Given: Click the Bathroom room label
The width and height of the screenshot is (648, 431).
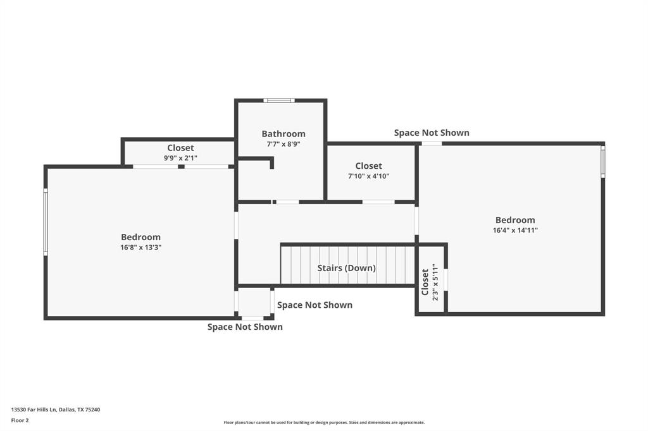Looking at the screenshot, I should click(283, 134).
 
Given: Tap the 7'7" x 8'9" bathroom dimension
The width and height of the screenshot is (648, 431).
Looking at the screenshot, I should click(283, 144).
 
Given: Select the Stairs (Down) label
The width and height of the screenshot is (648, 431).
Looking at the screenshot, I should click(346, 268).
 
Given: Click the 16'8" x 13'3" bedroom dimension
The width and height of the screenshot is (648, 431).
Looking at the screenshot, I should click(140, 248).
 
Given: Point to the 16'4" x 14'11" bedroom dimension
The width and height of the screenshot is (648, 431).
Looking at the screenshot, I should click(514, 231).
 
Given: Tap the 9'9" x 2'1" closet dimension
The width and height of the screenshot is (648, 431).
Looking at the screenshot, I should click(180, 158).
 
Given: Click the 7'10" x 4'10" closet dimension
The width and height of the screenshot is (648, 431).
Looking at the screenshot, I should click(368, 176).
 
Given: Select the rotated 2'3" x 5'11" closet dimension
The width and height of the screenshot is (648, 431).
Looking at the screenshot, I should click(435, 282).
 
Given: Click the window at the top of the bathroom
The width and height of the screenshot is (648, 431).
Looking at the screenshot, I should click(278, 100).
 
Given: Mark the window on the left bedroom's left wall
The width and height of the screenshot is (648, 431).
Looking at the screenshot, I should click(46, 222).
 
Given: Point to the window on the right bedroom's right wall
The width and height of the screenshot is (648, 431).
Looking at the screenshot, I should click(602, 162).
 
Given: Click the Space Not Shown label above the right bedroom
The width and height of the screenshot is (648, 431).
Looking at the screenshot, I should click(432, 133).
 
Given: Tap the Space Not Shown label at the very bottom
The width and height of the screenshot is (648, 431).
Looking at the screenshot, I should click(245, 327).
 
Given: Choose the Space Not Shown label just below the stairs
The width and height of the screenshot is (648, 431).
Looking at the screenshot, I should click(315, 305).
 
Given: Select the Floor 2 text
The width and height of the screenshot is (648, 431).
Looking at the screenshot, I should click(20, 420).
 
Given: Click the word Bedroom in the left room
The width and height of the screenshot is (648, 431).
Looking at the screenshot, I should click(140, 237).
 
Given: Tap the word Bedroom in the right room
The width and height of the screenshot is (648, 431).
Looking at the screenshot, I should click(514, 220).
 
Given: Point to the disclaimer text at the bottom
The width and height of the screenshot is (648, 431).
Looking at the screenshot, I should click(324, 423).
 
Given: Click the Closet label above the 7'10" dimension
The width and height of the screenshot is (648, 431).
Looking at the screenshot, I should click(368, 166).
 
